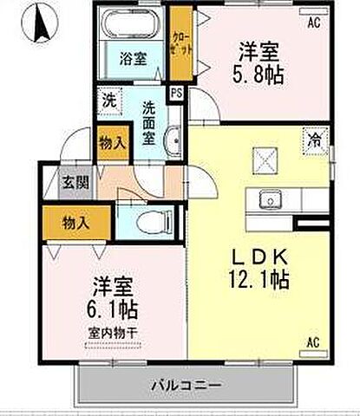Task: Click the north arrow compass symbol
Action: (x=40, y=24)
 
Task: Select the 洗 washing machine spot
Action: (x=108, y=101)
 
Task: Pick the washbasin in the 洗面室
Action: (x=173, y=139)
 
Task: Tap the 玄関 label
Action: (x=72, y=183)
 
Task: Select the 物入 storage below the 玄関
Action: (x=75, y=224)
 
